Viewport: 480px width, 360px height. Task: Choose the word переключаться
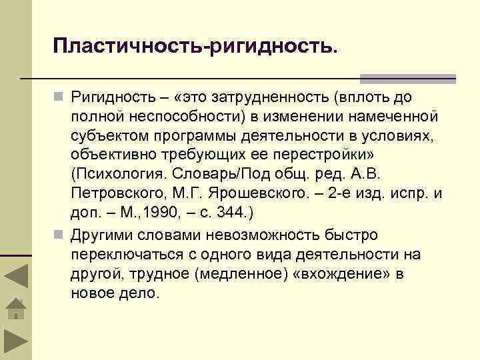click(x=124, y=255)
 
